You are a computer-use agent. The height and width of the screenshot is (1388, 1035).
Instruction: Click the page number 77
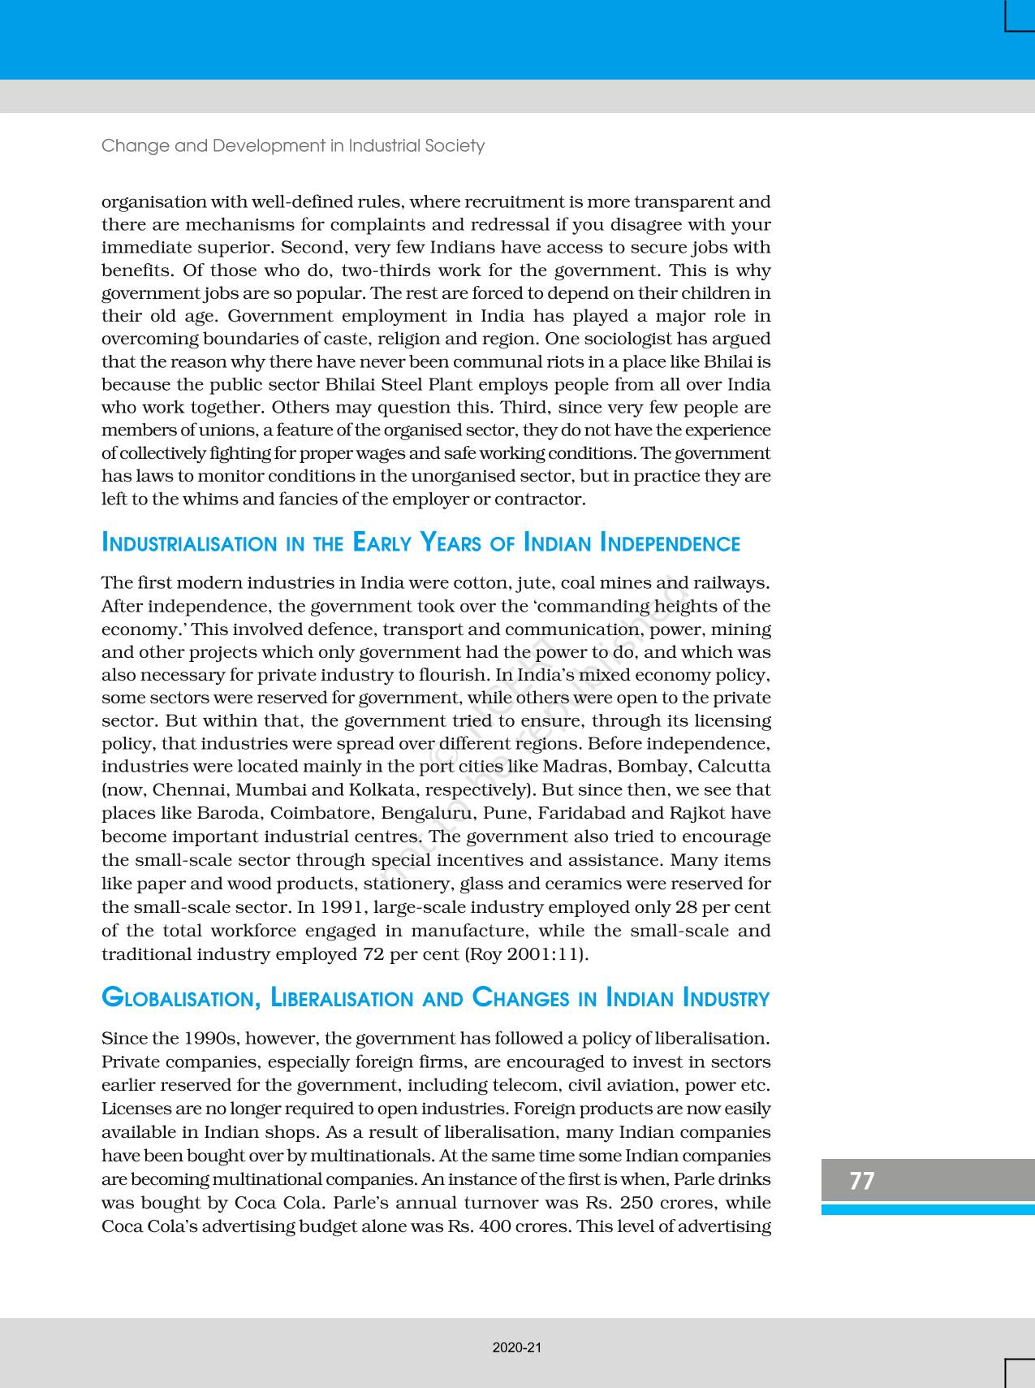tap(862, 1180)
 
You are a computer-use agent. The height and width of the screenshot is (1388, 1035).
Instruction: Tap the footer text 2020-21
tap(517, 1347)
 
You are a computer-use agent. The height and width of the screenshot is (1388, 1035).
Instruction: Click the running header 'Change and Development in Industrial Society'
tap(293, 145)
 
